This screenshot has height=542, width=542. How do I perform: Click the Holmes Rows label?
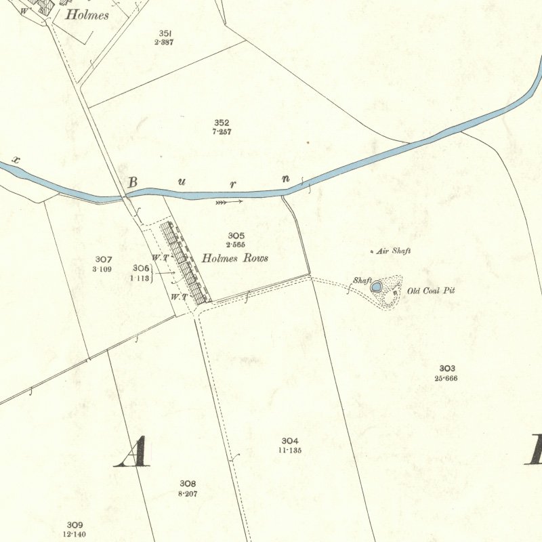[x=235, y=259]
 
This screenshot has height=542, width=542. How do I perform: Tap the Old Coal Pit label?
[x=431, y=291]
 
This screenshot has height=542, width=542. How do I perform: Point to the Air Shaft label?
[x=394, y=251]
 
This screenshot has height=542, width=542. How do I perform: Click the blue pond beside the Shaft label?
[x=376, y=287]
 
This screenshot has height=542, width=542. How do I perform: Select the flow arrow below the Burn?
[x=228, y=201]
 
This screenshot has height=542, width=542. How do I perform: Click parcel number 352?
[x=222, y=123]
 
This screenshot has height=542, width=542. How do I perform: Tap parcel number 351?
[x=164, y=33]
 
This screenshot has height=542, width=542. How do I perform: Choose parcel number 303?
[x=446, y=369]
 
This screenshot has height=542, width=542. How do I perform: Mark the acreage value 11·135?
[x=290, y=450]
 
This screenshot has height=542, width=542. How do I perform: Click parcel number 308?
[x=188, y=484]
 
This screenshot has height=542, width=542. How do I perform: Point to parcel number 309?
[x=75, y=525]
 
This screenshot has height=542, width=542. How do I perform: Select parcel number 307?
[x=104, y=259]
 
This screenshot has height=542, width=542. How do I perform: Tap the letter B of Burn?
[x=133, y=182]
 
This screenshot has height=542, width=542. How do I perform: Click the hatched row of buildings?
[x=184, y=262]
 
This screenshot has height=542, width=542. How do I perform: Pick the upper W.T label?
[x=159, y=257]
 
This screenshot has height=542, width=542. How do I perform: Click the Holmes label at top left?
[x=86, y=15]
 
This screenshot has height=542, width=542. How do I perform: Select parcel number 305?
[x=236, y=236]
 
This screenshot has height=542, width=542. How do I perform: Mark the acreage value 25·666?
[x=446, y=378]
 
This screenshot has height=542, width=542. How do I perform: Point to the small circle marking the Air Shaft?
[x=371, y=252]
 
